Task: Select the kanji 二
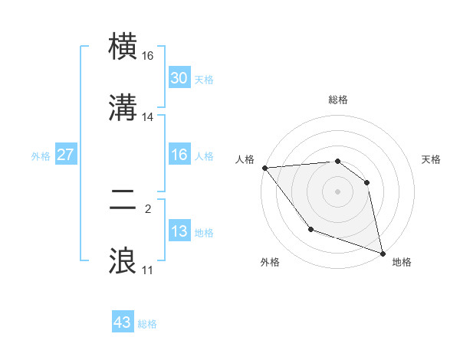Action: pyautogui.click(x=124, y=201)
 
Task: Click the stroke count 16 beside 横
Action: pyautogui.click(x=148, y=57)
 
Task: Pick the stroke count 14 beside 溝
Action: pyautogui.click(x=148, y=117)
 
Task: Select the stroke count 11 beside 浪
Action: pyautogui.click(x=148, y=270)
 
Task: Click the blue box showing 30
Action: pyautogui.click(x=179, y=77)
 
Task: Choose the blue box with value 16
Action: pyautogui.click(x=179, y=155)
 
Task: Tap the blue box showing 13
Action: pyautogui.click(x=179, y=231)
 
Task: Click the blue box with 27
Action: pyautogui.click(x=65, y=155)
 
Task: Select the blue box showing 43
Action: pyautogui.click(x=122, y=322)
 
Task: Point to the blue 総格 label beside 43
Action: pyautogui.click(x=147, y=325)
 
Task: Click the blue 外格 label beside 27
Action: pyautogui.click(x=41, y=156)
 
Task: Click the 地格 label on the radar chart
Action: pyautogui.click(x=402, y=262)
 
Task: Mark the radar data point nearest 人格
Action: pyautogui.click(x=264, y=168)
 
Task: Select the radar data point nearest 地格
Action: pyautogui.click(x=383, y=252)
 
